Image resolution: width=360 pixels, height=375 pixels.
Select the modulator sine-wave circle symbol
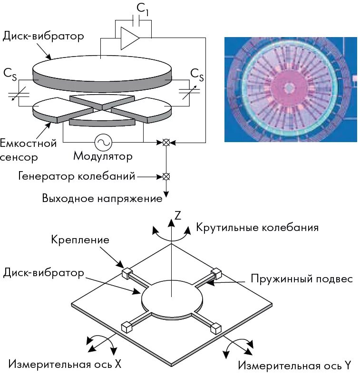point(102,142)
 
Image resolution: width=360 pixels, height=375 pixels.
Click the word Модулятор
point(103,156)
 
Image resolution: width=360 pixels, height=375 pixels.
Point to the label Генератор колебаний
point(77,176)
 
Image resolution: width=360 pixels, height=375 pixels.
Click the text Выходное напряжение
point(102,198)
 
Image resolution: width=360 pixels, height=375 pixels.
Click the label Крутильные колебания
point(257,227)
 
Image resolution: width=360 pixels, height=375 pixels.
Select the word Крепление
point(80,240)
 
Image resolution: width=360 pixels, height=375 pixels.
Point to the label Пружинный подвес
point(302,279)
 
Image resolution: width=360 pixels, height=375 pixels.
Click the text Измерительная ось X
point(65,365)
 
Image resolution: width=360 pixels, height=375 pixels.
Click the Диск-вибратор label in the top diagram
point(43,36)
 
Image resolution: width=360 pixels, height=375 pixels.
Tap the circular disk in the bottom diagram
point(172,298)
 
